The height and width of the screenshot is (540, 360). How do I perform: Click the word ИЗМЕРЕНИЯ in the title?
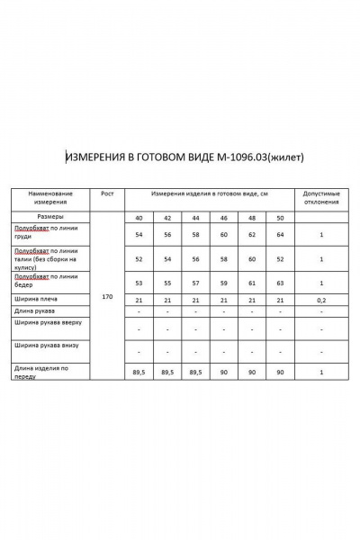click(95, 157)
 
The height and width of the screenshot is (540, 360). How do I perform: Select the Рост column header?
click(107, 193)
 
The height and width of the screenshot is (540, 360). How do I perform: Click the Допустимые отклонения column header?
click(321, 198)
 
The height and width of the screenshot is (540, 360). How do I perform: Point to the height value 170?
click(107, 295)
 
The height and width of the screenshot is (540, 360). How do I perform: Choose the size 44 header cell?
click(196, 219)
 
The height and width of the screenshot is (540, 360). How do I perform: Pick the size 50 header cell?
click(281, 219)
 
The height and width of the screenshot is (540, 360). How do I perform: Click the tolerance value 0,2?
click(321, 299)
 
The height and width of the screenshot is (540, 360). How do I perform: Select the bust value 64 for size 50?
click(281, 235)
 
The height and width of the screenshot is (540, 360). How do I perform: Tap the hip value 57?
click(196, 282)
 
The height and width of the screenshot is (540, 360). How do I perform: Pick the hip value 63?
click(281, 282)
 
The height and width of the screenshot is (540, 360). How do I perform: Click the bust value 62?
click(253, 235)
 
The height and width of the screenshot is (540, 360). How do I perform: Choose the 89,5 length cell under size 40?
click(139, 371)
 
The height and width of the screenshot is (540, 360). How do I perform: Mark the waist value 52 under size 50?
click(281, 258)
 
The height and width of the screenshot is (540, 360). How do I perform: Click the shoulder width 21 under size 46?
click(224, 299)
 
